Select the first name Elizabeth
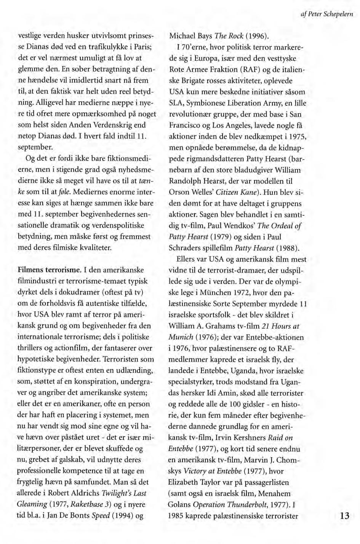coord(184,482)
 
